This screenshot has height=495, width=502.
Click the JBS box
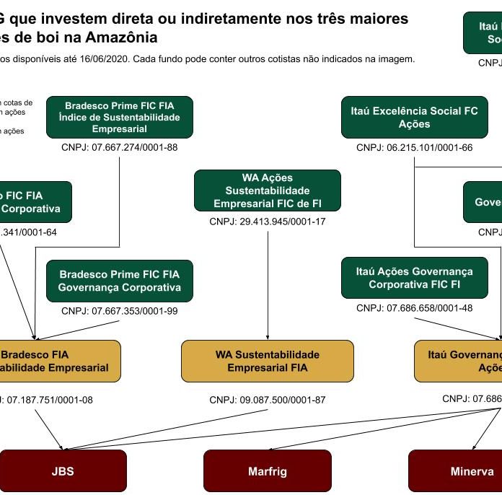click(63, 471)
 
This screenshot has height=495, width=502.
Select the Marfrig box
click(267, 471)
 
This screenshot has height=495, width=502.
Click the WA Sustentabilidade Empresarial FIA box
click(267, 361)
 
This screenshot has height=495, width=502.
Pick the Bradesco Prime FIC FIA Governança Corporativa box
click(120, 281)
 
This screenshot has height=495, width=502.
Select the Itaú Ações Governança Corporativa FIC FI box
click(414, 278)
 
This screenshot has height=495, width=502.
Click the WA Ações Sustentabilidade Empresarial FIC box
click(267, 190)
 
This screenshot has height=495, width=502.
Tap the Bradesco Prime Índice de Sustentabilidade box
click(120, 117)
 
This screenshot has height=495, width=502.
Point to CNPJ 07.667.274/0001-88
click(119, 148)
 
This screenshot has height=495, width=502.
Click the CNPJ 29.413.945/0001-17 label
click(268, 222)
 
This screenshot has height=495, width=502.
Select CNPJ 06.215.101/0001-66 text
click(414, 148)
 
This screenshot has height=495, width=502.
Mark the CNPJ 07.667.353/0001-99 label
click(119, 312)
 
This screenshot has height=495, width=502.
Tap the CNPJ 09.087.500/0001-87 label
click(268, 400)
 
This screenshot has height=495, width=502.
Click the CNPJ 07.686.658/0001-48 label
click(414, 308)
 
